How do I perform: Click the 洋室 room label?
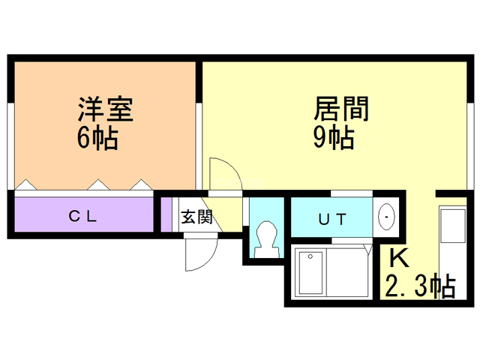(106, 110)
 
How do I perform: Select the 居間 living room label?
(341, 110)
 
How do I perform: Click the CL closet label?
(83, 217)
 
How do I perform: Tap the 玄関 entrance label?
(196, 217)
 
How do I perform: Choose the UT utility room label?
(332, 220)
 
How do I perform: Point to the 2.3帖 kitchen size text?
(421, 286)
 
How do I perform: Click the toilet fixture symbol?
(265, 238)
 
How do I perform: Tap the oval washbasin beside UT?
(387, 217)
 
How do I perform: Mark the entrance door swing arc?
(196, 251)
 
